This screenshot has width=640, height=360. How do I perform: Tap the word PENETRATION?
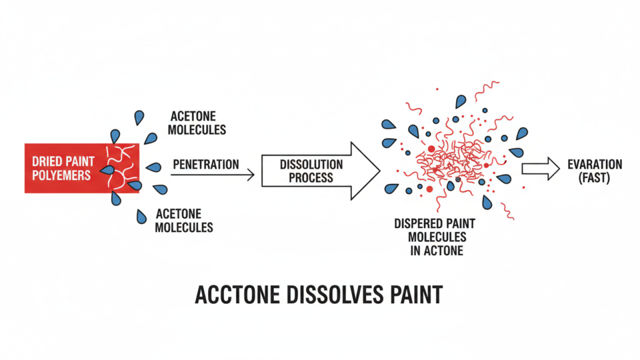pyautogui.click(x=206, y=164)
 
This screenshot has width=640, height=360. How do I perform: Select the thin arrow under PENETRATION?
pyautogui.click(x=212, y=176)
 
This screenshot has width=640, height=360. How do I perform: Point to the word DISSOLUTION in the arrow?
pyautogui.click(x=311, y=164)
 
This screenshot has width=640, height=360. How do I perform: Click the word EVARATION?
pyautogui.click(x=594, y=164)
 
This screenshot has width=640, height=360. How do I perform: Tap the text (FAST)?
pyautogui.click(x=594, y=177)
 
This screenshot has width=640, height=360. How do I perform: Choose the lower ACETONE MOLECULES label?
pyautogui.click(x=183, y=220)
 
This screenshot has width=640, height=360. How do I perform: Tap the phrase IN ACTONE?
pyautogui.click(x=437, y=251)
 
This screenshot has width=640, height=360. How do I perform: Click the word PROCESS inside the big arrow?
pyautogui.click(x=311, y=177)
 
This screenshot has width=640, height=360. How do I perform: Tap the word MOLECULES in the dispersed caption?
pyautogui.click(x=437, y=237)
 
